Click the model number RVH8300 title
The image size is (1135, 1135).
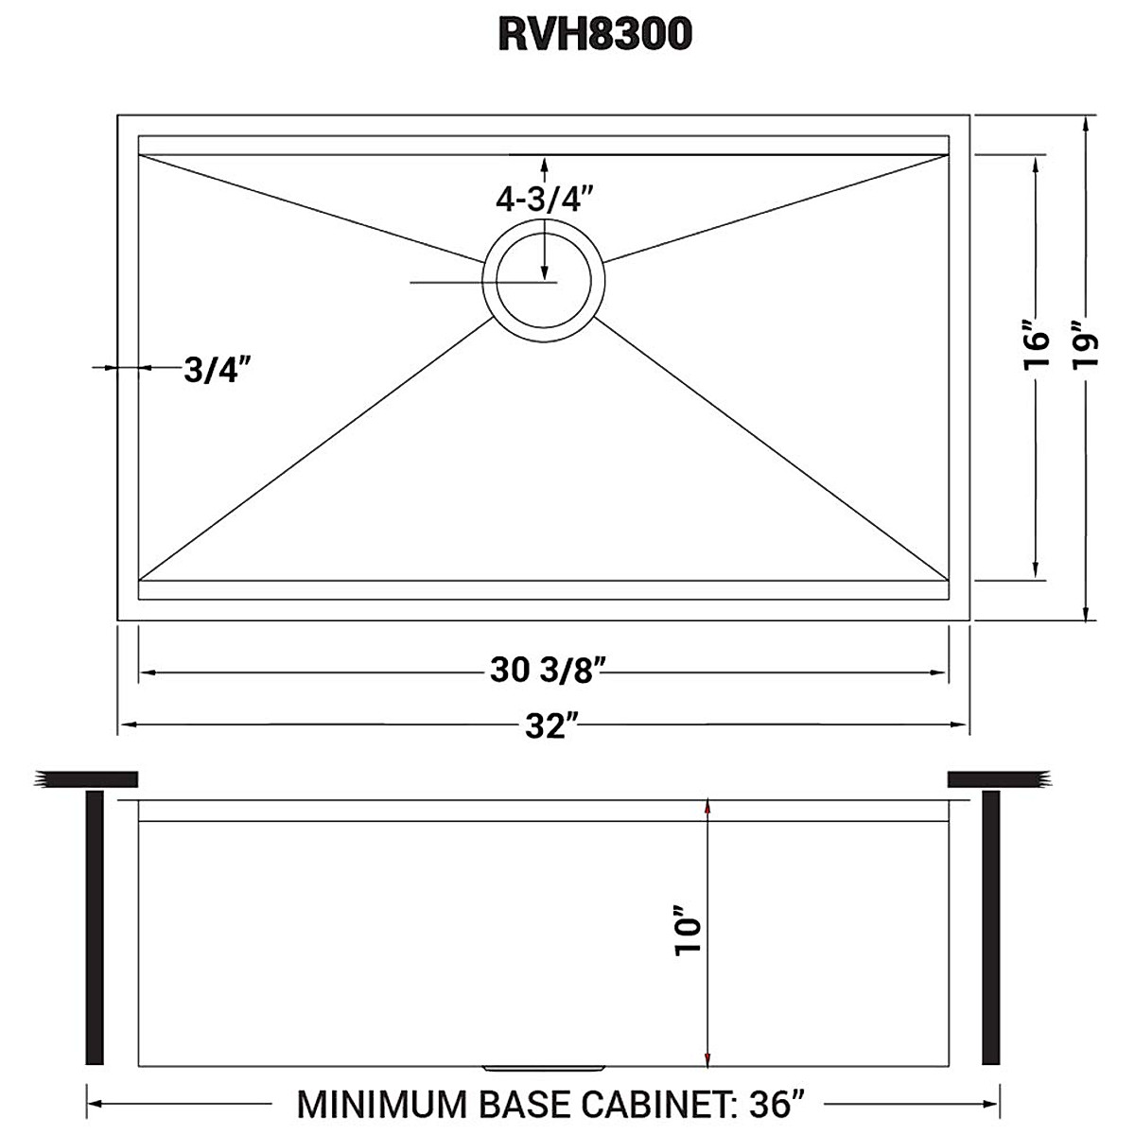tap(594, 35)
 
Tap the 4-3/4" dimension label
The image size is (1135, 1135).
tap(544, 200)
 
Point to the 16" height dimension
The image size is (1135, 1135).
tap(1038, 351)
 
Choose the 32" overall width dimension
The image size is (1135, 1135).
tap(552, 726)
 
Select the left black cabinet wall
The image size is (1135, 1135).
tap(94, 927)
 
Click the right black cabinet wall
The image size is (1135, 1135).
tap(991, 927)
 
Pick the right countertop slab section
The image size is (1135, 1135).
tap(999, 779)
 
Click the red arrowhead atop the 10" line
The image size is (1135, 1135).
tap(707, 807)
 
